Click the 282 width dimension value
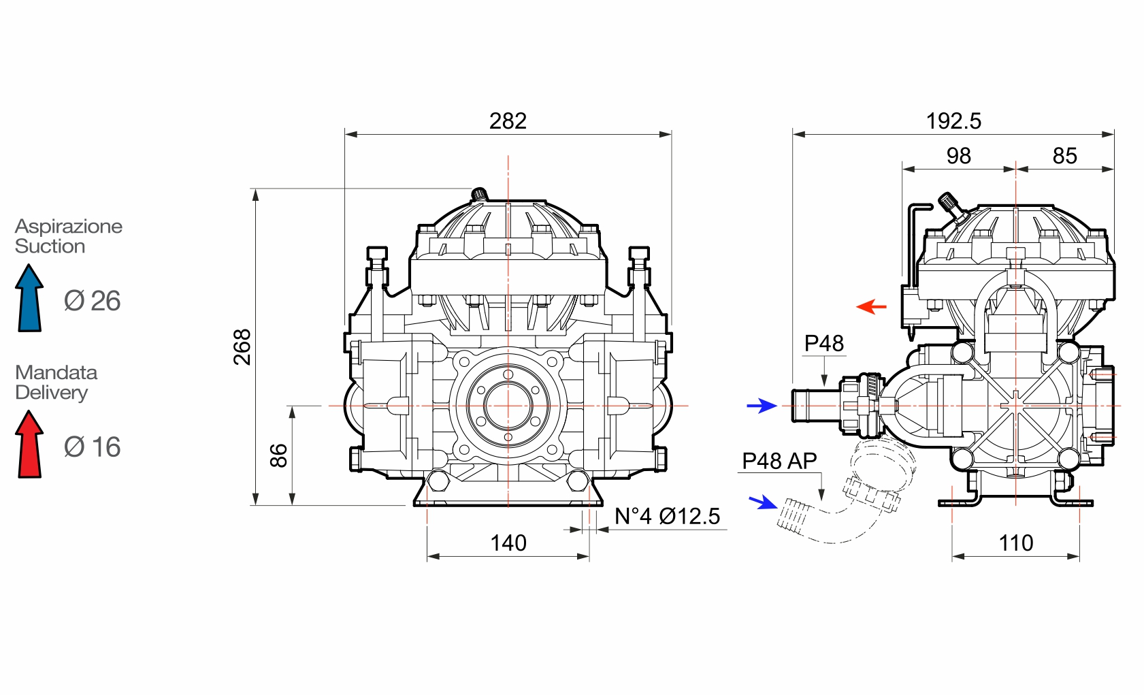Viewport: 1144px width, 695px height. pyautogui.click(x=508, y=121)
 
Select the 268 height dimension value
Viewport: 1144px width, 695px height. pyautogui.click(x=242, y=347)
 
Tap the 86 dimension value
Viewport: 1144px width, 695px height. pyautogui.click(x=278, y=455)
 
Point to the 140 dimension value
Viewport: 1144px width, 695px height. pyautogui.click(x=508, y=543)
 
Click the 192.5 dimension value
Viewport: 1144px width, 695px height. pyautogui.click(x=953, y=121)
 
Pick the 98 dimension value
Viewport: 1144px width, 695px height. pyautogui.click(x=958, y=156)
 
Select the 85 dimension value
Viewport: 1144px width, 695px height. pyautogui.click(x=1065, y=156)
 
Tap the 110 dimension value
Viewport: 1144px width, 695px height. pyautogui.click(x=1016, y=543)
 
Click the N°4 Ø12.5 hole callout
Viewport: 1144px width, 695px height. pyautogui.click(x=667, y=516)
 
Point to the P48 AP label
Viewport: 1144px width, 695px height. pyautogui.click(x=779, y=461)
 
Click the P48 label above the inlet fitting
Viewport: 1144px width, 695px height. pyautogui.click(x=823, y=343)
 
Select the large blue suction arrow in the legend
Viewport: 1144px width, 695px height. pyautogui.click(x=30, y=297)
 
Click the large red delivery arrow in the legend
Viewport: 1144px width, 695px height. pyautogui.click(x=30, y=444)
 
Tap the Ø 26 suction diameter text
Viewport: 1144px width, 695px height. pyautogui.click(x=93, y=300)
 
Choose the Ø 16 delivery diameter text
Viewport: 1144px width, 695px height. pyautogui.click(x=93, y=447)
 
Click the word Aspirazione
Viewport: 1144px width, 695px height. pyautogui.click(x=69, y=226)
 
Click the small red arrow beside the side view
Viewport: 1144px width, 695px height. pyautogui.click(x=871, y=307)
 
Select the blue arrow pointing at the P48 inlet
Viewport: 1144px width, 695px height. pyautogui.click(x=762, y=406)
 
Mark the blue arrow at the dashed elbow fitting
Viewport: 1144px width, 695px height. pyautogui.click(x=764, y=502)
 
